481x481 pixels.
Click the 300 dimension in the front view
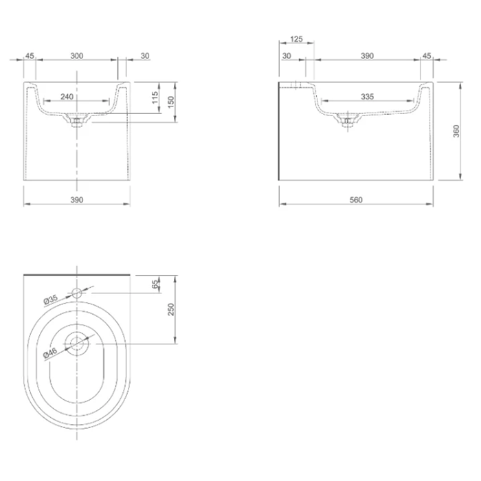pyautogui.click(x=76, y=56)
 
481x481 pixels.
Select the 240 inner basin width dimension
pyautogui.click(x=67, y=97)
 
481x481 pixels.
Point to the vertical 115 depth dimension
pyautogui.click(x=155, y=98)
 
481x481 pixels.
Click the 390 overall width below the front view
pyautogui.click(x=76, y=200)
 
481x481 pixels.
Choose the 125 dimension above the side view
pyautogui.click(x=297, y=40)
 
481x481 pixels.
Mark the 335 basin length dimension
pyautogui.click(x=367, y=97)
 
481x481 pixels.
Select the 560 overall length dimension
pyautogui.click(x=355, y=200)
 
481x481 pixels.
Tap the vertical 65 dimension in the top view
pyautogui.click(x=155, y=283)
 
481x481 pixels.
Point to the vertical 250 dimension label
pyautogui.click(x=172, y=309)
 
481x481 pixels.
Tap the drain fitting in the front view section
pyautogui.click(x=77, y=122)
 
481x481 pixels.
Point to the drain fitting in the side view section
pyautogui.click(x=348, y=122)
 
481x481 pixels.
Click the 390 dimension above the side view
pyautogui.click(x=367, y=56)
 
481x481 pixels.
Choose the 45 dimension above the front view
pyautogui.click(x=30, y=56)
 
